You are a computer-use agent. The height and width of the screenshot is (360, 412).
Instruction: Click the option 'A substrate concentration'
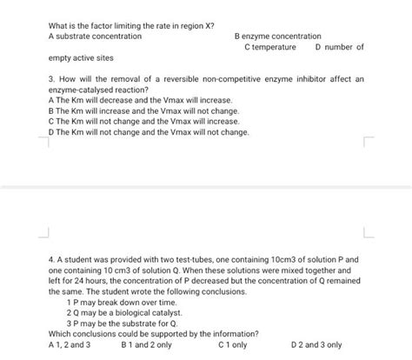click(x=95, y=37)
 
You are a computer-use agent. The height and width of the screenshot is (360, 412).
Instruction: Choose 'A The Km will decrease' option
click(x=122, y=101)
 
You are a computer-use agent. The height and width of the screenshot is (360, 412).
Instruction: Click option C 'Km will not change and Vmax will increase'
click(x=131, y=122)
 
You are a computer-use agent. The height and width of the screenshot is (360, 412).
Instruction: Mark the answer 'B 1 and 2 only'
click(x=147, y=344)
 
